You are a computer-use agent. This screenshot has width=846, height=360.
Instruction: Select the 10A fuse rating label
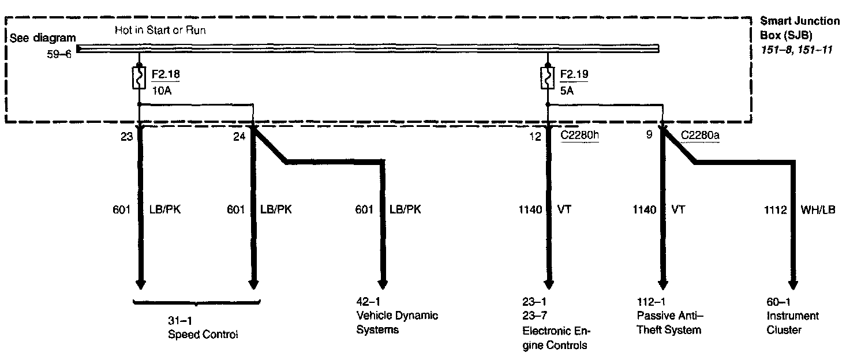point(160,91)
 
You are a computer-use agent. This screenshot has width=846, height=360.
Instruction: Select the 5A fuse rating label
point(566,91)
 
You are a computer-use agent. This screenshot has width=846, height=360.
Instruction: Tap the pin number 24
point(239,137)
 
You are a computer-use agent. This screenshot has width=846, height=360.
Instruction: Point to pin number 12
point(536,137)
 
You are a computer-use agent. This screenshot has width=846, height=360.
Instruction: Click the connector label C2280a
point(699,137)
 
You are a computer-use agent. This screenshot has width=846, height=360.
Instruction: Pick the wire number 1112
point(775,210)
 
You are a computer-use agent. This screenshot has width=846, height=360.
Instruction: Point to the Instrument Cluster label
point(792,322)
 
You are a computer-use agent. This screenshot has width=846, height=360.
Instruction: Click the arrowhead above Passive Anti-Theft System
point(663,284)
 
